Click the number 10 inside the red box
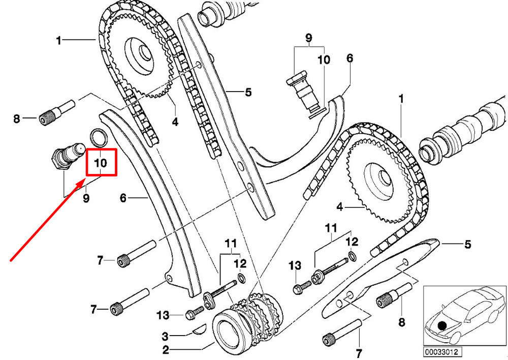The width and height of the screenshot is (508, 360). (101, 163)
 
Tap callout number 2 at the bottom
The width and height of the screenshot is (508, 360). (166, 350)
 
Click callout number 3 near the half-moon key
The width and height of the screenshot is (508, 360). (165, 336)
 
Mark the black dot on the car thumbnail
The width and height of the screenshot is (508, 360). (442, 325)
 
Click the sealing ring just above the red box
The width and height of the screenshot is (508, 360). (98, 137)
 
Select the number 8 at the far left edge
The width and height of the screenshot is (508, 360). (17, 118)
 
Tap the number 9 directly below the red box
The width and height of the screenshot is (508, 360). (86, 198)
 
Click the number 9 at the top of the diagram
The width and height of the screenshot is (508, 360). (309, 38)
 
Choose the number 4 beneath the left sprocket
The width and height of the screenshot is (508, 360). (175, 122)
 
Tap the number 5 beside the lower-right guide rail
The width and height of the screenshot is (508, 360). (467, 244)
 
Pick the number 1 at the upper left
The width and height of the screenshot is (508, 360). (58, 41)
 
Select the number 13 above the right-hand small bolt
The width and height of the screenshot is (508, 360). (295, 265)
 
